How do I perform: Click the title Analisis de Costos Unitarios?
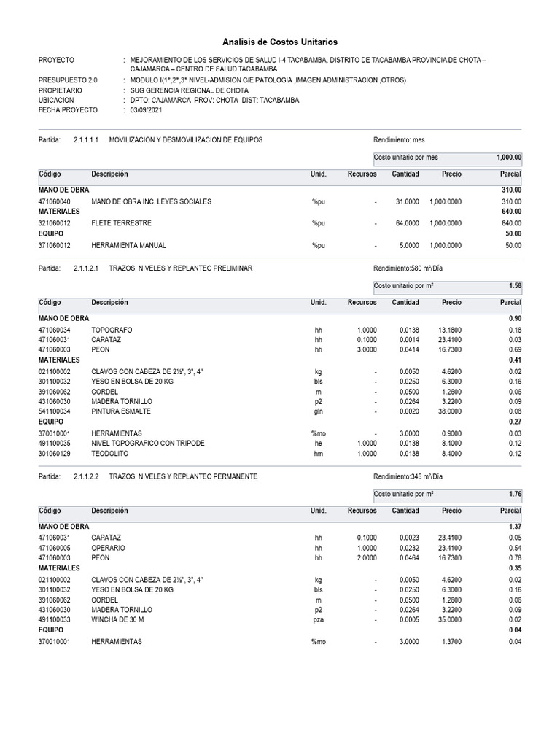(x=280, y=42)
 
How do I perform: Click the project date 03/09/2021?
(x=147, y=109)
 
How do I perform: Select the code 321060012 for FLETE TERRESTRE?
(x=55, y=223)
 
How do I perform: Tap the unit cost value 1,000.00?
(x=509, y=157)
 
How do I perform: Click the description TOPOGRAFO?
(x=112, y=330)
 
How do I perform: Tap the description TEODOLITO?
(x=109, y=454)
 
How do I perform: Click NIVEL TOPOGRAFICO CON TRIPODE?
(x=148, y=444)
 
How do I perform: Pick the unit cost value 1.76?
(x=515, y=495)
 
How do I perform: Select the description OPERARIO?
(x=108, y=547)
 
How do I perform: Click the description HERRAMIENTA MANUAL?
(x=128, y=246)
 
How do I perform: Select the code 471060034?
(x=55, y=330)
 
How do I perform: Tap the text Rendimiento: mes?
(x=398, y=139)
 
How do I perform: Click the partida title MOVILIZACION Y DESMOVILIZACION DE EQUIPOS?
(x=185, y=139)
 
